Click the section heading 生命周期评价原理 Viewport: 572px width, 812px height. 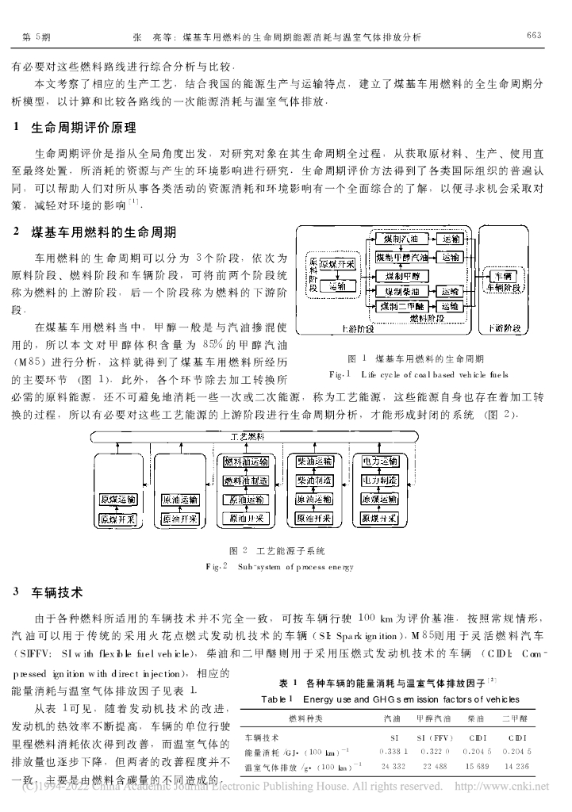tap(83, 128)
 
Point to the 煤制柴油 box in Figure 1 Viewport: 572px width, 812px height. tap(402, 291)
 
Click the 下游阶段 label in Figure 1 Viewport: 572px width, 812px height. tap(505, 327)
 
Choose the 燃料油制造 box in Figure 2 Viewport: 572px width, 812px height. tap(245, 481)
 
